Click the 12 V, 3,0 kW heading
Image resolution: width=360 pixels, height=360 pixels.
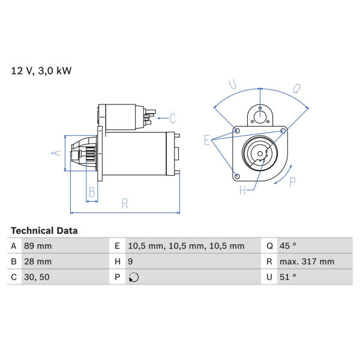(41, 71)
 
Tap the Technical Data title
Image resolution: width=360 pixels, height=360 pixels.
(44, 231)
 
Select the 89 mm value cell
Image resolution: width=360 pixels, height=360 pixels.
(38, 246)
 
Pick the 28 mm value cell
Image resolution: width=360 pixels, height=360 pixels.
(38, 262)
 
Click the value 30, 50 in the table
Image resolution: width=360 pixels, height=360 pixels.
(37, 277)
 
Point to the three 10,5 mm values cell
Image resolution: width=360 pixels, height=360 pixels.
(186, 246)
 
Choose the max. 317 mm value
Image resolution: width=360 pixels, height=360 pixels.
(307, 262)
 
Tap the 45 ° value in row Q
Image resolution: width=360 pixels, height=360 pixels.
(287, 246)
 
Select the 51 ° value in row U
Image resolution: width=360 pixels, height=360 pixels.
(287, 277)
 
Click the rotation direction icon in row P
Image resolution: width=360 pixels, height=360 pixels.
(134, 277)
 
